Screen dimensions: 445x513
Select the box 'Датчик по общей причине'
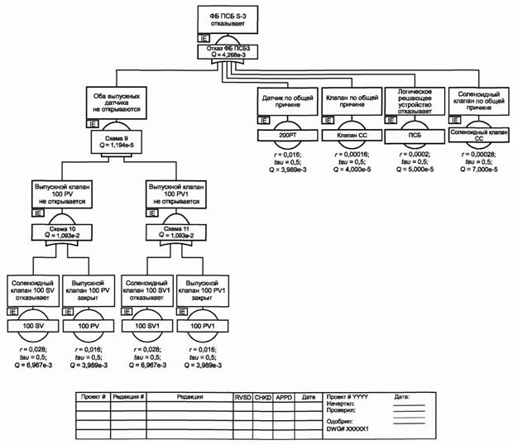pos(285,103)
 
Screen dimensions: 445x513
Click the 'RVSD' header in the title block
pos(242,396)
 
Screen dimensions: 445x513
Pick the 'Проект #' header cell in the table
pos(93,396)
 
